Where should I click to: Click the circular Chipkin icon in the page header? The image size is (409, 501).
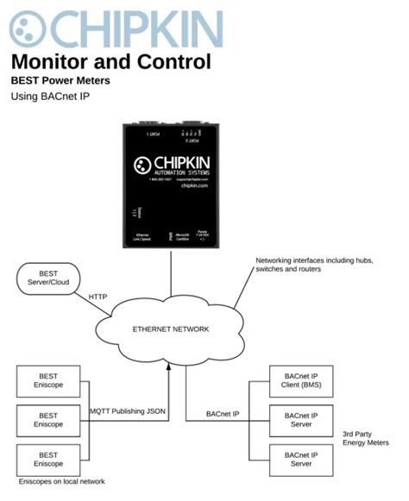28,28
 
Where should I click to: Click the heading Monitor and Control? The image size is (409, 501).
110,62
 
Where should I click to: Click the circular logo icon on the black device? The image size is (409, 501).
142,165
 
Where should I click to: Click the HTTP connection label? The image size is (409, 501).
99,297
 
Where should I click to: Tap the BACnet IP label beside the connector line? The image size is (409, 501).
223,414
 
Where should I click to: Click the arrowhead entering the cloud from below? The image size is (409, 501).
171,368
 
